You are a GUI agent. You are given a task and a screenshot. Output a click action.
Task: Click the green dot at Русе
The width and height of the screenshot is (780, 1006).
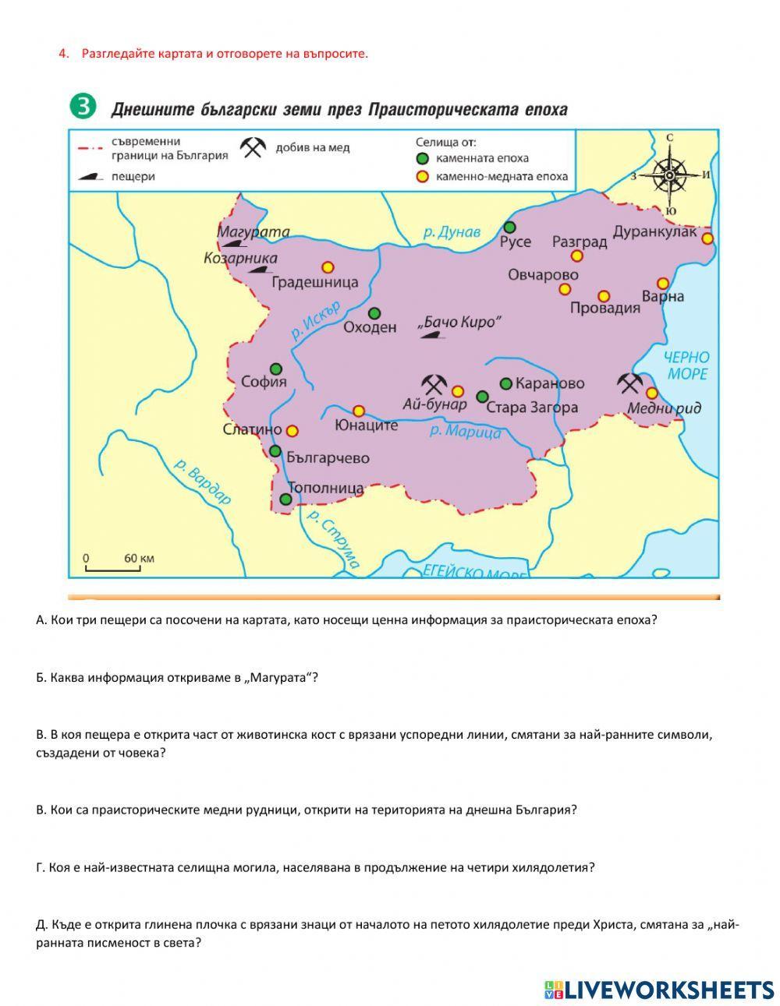[x=509, y=227]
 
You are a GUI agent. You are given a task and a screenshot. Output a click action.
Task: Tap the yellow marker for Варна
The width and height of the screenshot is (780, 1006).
[x=662, y=284]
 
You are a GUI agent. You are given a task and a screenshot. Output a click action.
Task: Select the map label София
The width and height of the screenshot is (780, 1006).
[x=264, y=382]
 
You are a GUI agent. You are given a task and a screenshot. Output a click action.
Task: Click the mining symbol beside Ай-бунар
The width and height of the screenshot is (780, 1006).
[x=434, y=384]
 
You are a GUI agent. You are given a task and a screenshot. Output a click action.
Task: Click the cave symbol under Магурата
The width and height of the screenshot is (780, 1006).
[x=227, y=245]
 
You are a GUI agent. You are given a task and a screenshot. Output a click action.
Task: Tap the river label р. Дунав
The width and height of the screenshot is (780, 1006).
[x=452, y=231]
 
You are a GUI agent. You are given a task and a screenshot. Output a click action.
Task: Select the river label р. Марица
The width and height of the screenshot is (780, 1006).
[x=465, y=430]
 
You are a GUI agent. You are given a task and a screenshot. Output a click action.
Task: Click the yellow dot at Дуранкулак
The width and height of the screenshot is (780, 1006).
[x=707, y=238]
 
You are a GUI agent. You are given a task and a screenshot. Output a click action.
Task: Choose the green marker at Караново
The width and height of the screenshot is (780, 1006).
[x=505, y=383]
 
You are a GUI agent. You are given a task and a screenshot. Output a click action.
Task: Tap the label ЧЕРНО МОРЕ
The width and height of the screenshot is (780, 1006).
[x=686, y=365]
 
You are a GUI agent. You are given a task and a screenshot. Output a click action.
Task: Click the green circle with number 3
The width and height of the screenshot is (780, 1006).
[x=82, y=108]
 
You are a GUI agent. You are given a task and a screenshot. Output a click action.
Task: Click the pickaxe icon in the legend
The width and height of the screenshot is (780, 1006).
[x=253, y=148]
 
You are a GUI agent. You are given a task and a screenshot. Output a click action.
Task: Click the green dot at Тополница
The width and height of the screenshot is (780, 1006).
[x=286, y=499]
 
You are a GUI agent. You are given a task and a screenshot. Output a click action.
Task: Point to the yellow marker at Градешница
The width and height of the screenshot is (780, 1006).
[x=328, y=267]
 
